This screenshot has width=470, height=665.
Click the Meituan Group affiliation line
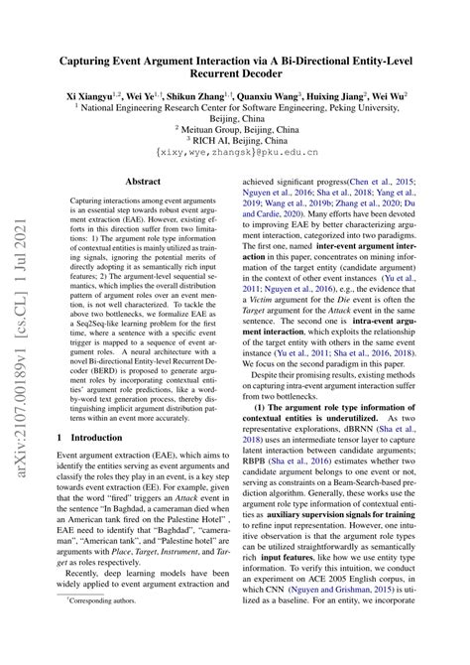tap(234, 127)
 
